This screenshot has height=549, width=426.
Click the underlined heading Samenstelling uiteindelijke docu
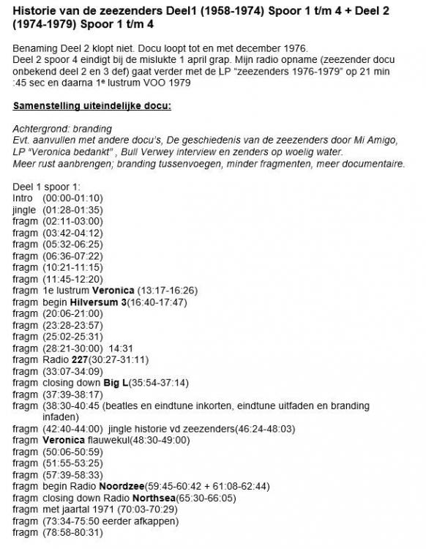(x=91, y=106)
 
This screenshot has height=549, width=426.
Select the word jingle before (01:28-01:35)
(x=24, y=209)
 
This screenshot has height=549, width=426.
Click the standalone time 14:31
(x=122, y=348)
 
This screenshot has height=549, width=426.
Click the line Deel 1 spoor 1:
(x=45, y=187)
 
